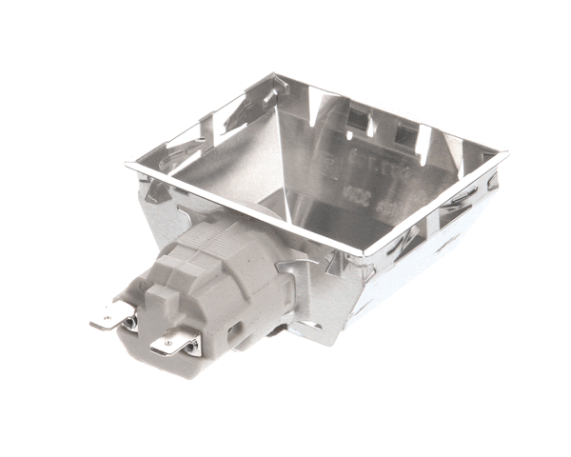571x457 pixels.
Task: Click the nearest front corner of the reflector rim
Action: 363,255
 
